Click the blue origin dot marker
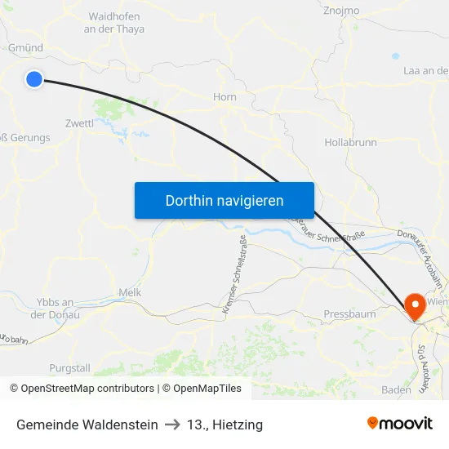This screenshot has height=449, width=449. pos(33,79)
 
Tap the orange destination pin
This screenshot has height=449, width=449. pos(415,306)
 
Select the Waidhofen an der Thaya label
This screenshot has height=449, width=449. pos(114,23)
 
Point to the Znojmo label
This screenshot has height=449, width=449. pos(341,11)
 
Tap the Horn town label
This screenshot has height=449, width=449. pos(224,97)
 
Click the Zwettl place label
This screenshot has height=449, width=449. pos(79,123)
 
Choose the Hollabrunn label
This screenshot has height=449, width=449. pos(350,142)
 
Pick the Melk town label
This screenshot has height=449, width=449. pos(131,292)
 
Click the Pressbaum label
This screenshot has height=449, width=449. pos(349,314)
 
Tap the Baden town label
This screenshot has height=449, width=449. pos(396,389)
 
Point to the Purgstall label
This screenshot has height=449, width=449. pos(70,368)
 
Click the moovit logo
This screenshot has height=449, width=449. pos(399,423)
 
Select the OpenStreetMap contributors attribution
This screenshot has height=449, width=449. pos(82,389)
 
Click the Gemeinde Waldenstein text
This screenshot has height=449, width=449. pos(87,425)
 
